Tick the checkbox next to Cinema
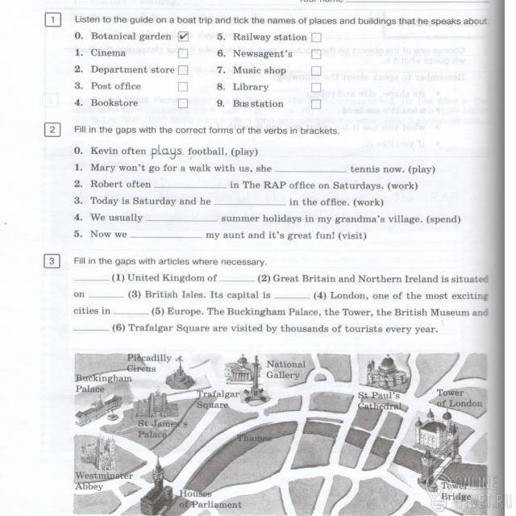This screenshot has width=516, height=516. [x=183, y=53]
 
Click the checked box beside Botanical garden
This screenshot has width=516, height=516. [x=183, y=36]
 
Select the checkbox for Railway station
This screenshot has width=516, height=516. [x=316, y=37]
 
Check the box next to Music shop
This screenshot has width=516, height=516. [x=316, y=71]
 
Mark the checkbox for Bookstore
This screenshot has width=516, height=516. [x=183, y=103]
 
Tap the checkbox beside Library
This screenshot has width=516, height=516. [x=316, y=87]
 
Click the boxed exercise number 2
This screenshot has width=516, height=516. [x=52, y=130]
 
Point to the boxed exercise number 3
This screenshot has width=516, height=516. [x=52, y=261]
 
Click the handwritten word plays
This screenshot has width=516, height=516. [x=168, y=151]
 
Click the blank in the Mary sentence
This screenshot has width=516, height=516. [x=310, y=170]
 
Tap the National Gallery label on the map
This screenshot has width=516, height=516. [x=285, y=369]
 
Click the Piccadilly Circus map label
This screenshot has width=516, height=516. [x=148, y=363]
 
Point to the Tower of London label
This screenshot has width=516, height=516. [x=460, y=398]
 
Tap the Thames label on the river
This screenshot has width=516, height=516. [x=253, y=438]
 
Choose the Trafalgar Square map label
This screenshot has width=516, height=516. [x=218, y=399]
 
